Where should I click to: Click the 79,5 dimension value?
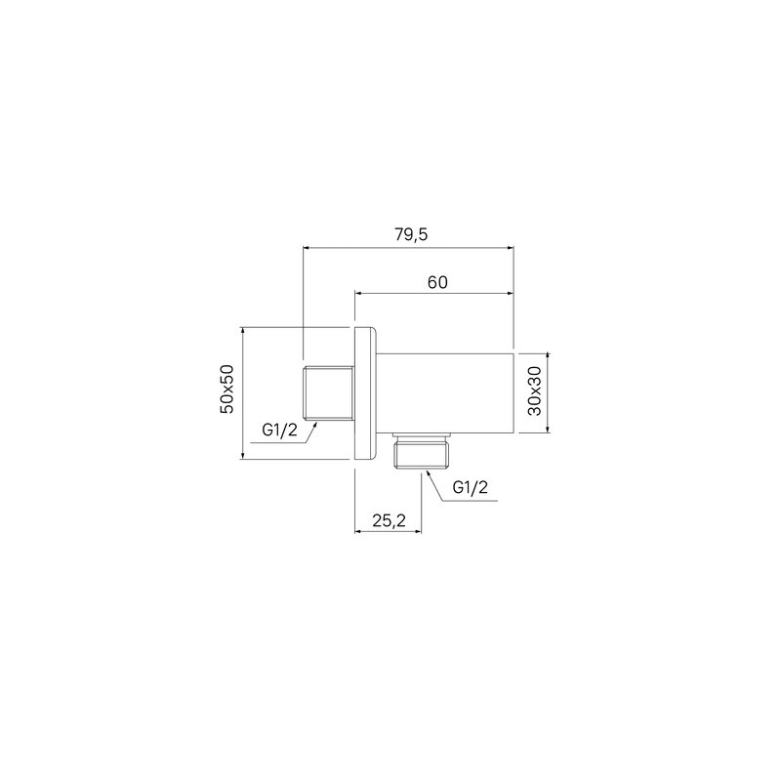(411, 234)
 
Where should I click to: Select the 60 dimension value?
(437, 282)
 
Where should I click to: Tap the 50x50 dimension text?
(227, 389)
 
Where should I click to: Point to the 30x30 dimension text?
(534, 391)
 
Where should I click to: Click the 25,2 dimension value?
(389, 520)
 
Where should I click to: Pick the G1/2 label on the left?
(279, 430)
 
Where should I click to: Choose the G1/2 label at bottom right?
(471, 487)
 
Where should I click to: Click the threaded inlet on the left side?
(328, 393)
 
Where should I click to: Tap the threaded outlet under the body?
(422, 451)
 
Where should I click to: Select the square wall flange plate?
(366, 393)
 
